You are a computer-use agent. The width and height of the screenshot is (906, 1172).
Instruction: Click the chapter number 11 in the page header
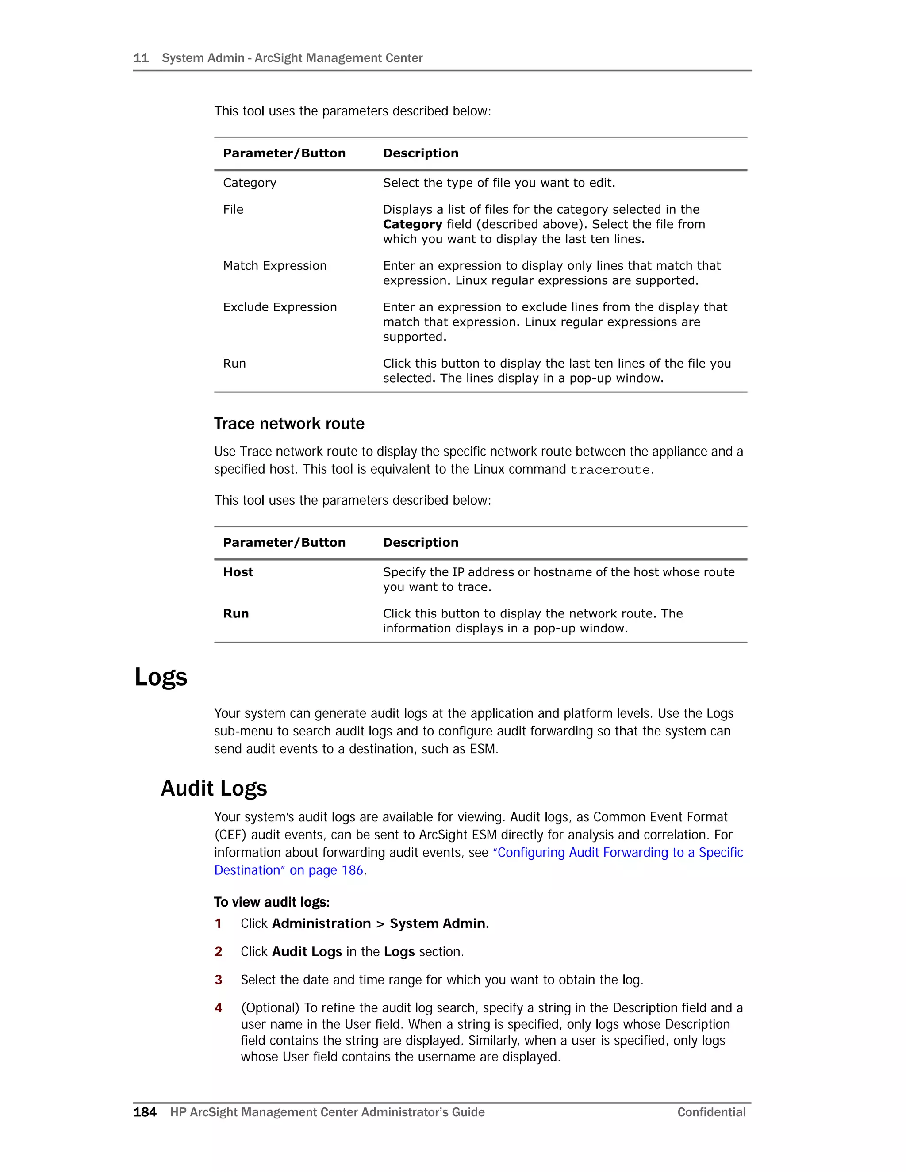pyautogui.click(x=141, y=58)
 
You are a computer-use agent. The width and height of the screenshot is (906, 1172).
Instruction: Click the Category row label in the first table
pyautogui.click(x=250, y=183)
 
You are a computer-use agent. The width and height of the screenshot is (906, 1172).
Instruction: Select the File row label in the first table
pyautogui.click(x=233, y=209)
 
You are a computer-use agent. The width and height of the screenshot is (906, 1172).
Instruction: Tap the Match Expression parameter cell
pyautogui.click(x=275, y=266)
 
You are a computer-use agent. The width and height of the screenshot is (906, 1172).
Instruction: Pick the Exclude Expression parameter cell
pyautogui.click(x=280, y=307)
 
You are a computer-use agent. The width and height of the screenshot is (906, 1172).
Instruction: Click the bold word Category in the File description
pyautogui.click(x=412, y=224)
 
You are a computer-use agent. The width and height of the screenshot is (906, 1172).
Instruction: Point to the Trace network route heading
pyautogui.click(x=289, y=424)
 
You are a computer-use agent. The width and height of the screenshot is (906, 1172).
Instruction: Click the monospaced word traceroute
pyautogui.click(x=610, y=470)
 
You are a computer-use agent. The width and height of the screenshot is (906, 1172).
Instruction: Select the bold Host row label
pyautogui.click(x=238, y=572)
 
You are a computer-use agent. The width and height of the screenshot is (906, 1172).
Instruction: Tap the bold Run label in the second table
pyautogui.click(x=236, y=613)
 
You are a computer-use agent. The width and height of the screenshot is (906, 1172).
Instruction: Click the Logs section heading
pyautogui.click(x=161, y=677)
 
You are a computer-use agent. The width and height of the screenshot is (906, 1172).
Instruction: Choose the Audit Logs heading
pyautogui.click(x=214, y=788)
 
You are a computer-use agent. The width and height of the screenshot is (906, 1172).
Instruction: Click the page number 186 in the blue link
pyautogui.click(x=352, y=870)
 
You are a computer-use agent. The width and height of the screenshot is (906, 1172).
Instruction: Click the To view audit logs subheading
pyautogui.click(x=272, y=902)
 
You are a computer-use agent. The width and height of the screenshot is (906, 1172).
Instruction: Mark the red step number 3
pyautogui.click(x=219, y=980)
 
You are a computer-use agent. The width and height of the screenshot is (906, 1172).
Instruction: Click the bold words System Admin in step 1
pyautogui.click(x=438, y=923)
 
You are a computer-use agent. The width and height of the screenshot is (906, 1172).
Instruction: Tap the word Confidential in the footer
pyautogui.click(x=711, y=1112)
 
